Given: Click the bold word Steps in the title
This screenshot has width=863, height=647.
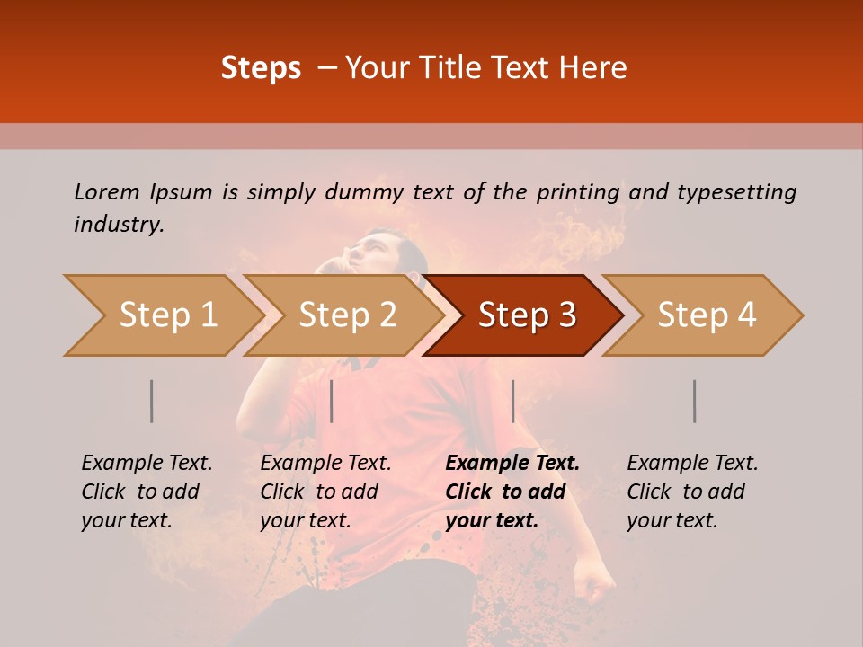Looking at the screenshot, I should (261, 68).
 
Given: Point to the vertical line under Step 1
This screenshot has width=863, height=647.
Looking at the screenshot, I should (151, 401).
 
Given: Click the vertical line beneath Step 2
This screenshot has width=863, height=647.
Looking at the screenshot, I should (332, 401).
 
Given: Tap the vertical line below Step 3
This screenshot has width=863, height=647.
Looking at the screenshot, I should (512, 401).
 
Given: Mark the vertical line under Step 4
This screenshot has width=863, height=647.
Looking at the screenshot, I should (694, 401).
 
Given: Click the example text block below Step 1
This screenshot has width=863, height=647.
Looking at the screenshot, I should (147, 492).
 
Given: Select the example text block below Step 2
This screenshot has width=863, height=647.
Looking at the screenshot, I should (325, 492).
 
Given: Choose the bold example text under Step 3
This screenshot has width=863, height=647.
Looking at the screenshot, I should (512, 492).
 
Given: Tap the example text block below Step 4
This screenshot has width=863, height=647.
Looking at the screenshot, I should (692, 492).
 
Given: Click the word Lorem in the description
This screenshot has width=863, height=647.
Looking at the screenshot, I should (107, 191).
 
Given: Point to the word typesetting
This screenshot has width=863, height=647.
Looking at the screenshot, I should (736, 192).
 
